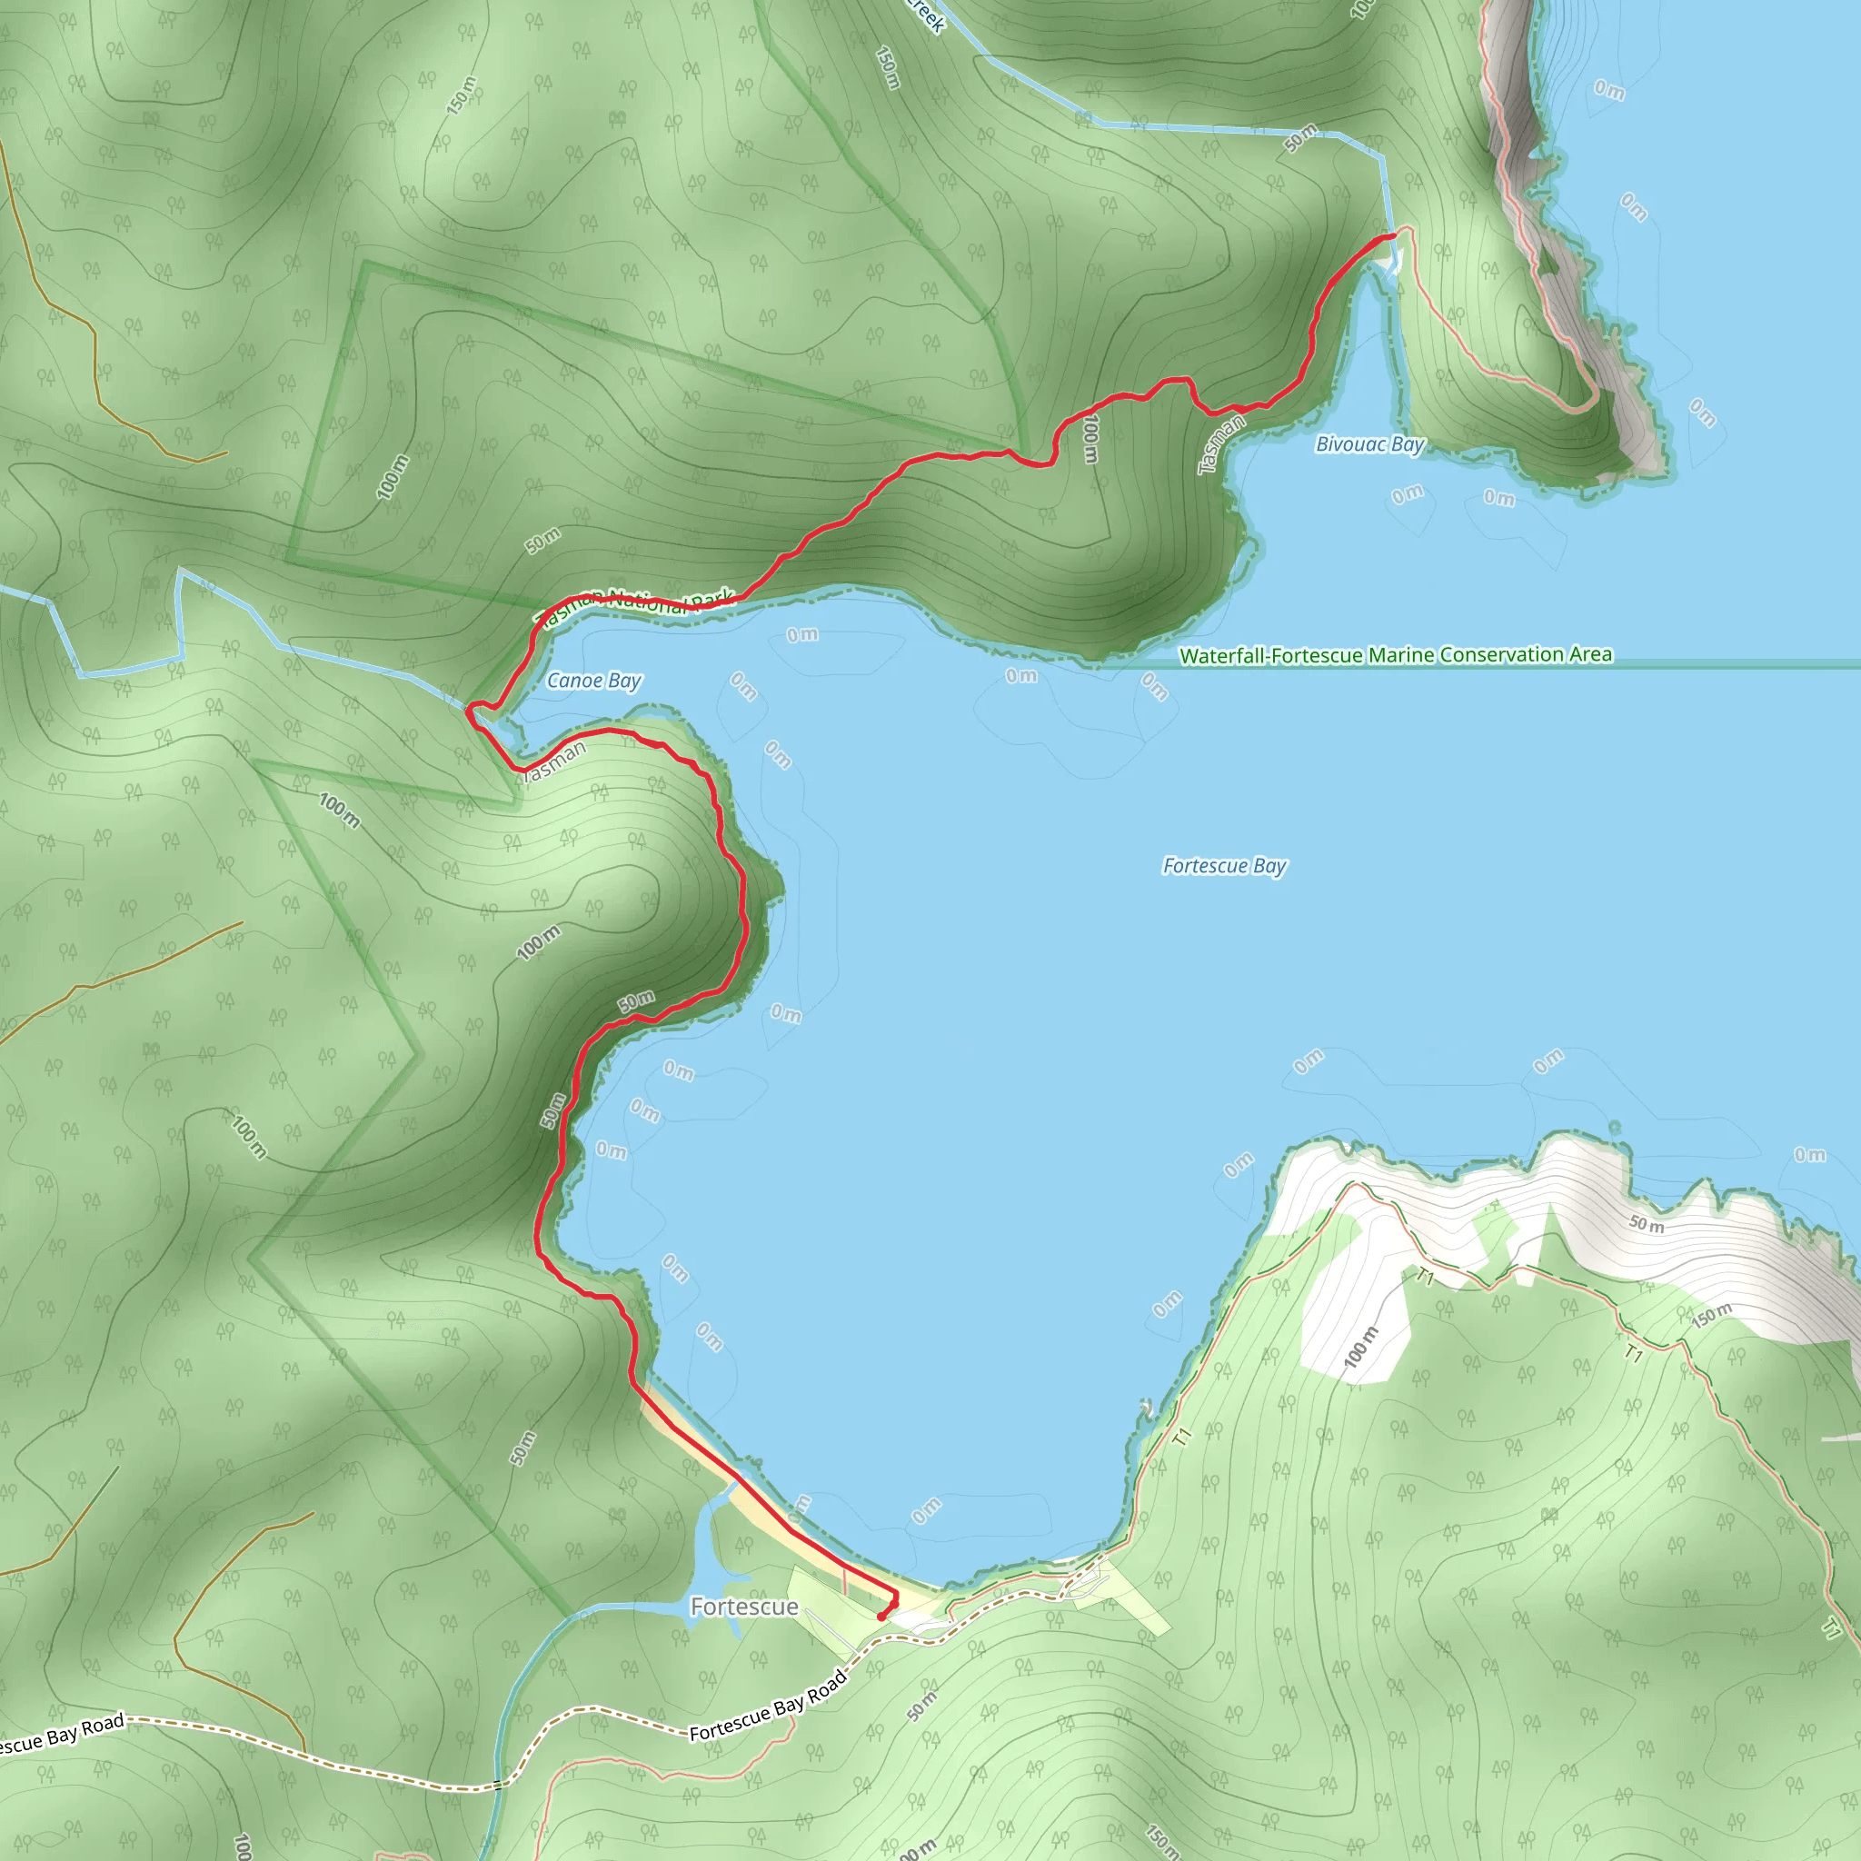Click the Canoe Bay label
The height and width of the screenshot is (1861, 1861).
pyautogui.click(x=593, y=680)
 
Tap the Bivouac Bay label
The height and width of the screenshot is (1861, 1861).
pyautogui.click(x=1368, y=444)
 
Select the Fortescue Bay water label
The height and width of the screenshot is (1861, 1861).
pyautogui.click(x=1224, y=866)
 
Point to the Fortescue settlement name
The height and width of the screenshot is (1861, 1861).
pyautogui.click(x=743, y=1607)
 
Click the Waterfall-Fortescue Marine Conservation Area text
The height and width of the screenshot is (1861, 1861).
pyautogui.click(x=1396, y=655)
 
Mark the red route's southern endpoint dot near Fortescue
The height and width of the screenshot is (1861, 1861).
pyautogui.click(x=881, y=1617)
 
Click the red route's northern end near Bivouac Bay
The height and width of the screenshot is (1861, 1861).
pyautogui.click(x=1393, y=235)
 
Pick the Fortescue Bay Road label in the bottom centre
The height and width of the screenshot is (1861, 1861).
pyautogui.click(x=768, y=1706)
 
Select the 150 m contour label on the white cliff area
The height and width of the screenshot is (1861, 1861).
pyautogui.click(x=1712, y=1316)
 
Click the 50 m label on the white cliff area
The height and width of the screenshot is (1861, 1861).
pyautogui.click(x=1647, y=1225)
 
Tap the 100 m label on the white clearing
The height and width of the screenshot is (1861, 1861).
pyautogui.click(x=1361, y=1347)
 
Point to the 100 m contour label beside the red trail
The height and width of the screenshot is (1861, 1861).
pyautogui.click(x=1090, y=438)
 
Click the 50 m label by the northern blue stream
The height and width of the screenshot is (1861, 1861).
pyautogui.click(x=1300, y=138)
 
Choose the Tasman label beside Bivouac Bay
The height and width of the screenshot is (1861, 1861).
pyautogui.click(x=1220, y=444)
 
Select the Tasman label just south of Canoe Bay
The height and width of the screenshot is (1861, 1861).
pyautogui.click(x=552, y=760)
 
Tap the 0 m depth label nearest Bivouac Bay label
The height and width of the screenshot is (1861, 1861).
pyautogui.click(x=1408, y=494)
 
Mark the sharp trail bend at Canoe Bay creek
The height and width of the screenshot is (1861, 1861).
pyautogui.click(x=470, y=712)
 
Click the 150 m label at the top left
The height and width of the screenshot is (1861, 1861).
pyautogui.click(x=462, y=95)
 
